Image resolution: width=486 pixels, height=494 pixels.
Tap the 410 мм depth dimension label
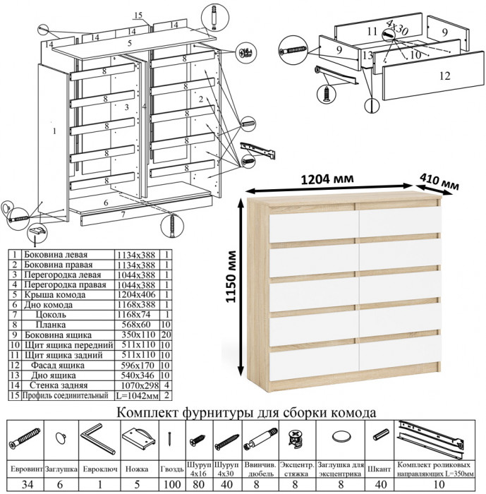coord(439,181)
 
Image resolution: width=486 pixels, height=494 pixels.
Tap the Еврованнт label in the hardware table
coord(23,468)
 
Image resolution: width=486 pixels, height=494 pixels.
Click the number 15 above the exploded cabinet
coord(138,16)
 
